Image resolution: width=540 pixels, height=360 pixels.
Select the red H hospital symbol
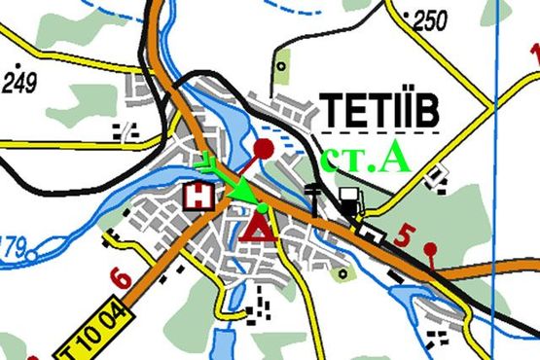click(199, 197)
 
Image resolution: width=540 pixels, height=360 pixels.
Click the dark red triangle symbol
click(259, 228)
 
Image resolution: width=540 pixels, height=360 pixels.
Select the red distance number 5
click(407, 234)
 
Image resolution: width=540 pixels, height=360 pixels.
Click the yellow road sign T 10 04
click(81, 336)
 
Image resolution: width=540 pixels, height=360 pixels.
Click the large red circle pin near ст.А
click(264, 149)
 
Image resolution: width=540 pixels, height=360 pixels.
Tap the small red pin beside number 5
click(429, 249)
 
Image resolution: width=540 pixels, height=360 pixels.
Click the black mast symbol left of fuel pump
click(312, 194)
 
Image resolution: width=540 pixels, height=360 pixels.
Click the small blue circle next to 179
click(32, 256)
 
